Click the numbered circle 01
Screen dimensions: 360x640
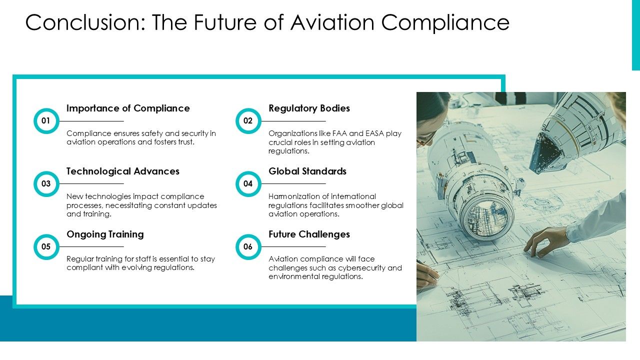click(46, 120)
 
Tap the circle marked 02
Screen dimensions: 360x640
click(248, 120)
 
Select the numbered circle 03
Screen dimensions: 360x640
click(46, 183)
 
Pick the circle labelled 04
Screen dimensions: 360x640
click(248, 183)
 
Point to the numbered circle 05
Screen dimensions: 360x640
click(46, 246)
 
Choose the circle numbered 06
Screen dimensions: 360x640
click(248, 246)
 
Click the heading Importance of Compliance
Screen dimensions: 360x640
click(128, 108)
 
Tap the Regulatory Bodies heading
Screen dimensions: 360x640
click(309, 108)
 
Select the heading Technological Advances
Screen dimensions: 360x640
click(122, 171)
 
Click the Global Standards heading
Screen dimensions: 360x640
click(307, 171)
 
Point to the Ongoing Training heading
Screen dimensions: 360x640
click(105, 234)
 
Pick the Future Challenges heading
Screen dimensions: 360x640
click(309, 234)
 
